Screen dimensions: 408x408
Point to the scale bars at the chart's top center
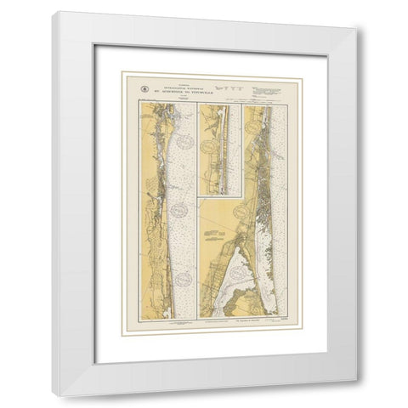pos(230,86)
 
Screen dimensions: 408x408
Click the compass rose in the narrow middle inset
pos(207,145)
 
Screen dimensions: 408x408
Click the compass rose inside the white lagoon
pos(247,280)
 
